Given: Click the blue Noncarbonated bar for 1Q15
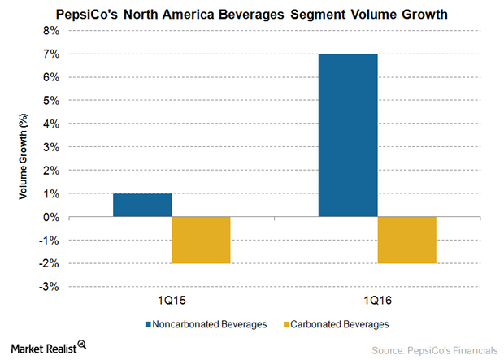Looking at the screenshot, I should click(x=142, y=206).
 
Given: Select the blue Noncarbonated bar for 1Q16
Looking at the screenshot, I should click(x=348, y=136).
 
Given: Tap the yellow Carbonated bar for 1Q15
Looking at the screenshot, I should click(x=201, y=241).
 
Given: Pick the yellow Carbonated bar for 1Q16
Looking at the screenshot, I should click(x=406, y=241).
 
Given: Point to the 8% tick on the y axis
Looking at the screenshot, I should click(x=50, y=31).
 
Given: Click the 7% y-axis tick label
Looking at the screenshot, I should click(x=50, y=54).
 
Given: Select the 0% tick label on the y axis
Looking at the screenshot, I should click(x=50, y=218).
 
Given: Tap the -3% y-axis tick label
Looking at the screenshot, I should click(x=49, y=288).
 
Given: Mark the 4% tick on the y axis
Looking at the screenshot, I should click(x=50, y=124).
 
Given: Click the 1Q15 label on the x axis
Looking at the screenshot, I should click(x=172, y=301).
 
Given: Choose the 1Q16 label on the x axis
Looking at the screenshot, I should click(x=377, y=301).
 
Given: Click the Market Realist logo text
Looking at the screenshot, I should click(x=41, y=348).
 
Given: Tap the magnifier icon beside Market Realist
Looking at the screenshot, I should click(x=83, y=348).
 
